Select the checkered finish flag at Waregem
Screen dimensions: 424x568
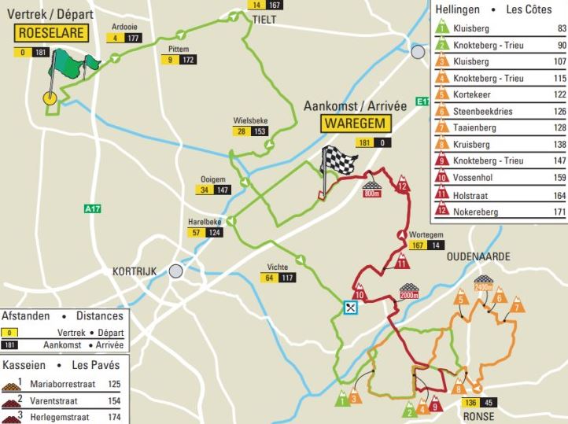(338, 162)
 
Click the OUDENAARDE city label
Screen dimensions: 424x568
(478, 257)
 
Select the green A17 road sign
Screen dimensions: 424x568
(93, 208)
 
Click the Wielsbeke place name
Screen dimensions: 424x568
(251, 120)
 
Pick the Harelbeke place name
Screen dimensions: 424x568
(205, 222)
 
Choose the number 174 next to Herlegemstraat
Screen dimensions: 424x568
(115, 418)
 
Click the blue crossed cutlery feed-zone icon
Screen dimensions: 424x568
(350, 308)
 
